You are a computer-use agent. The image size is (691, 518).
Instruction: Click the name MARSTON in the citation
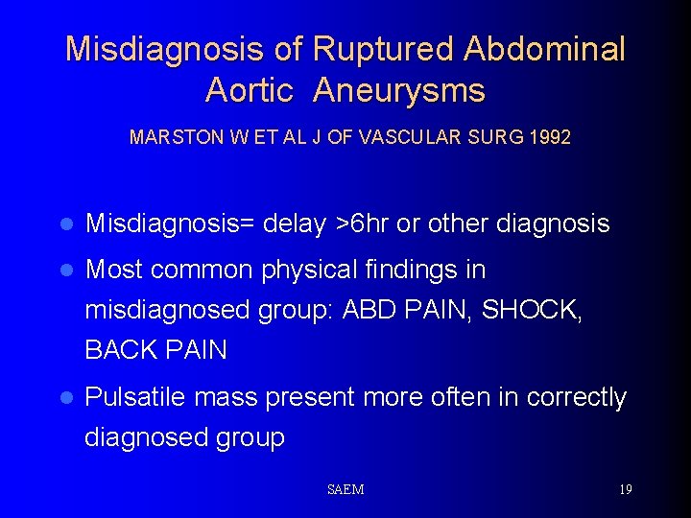[x=170, y=137]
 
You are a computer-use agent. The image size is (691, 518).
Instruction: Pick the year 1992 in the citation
[x=549, y=137]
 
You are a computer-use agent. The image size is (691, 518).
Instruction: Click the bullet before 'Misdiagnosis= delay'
[x=65, y=224]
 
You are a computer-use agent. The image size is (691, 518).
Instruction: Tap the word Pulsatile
[x=137, y=397]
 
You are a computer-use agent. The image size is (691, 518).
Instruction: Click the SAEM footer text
[x=345, y=490]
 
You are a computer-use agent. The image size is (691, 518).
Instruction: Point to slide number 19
[x=625, y=490]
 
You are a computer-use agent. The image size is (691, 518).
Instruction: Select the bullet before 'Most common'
[x=65, y=271]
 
